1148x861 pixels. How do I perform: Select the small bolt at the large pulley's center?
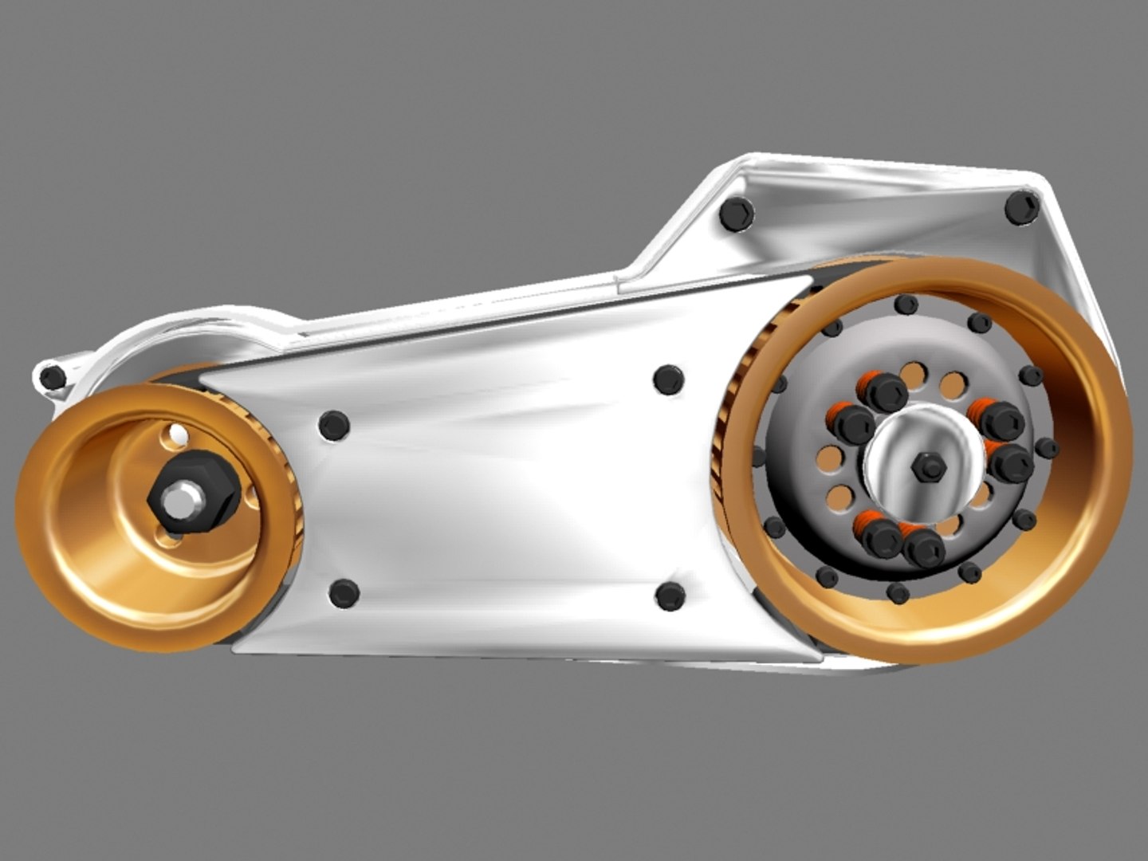point(928,466)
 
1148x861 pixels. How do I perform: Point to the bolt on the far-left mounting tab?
point(53,375)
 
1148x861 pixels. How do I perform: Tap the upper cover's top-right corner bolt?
point(1021,208)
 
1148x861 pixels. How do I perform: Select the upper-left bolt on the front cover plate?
point(333,424)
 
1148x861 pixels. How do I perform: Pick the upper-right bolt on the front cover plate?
point(668,379)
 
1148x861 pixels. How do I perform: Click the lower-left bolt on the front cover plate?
point(343,593)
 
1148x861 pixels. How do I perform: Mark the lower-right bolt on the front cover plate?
point(670,596)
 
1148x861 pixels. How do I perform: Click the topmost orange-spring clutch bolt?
point(885,391)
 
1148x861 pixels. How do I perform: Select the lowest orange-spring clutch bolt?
point(925,548)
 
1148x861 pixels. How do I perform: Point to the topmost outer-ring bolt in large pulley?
point(905,305)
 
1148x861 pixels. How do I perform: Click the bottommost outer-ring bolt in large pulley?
point(898,592)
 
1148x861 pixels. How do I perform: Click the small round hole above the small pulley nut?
point(176,435)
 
